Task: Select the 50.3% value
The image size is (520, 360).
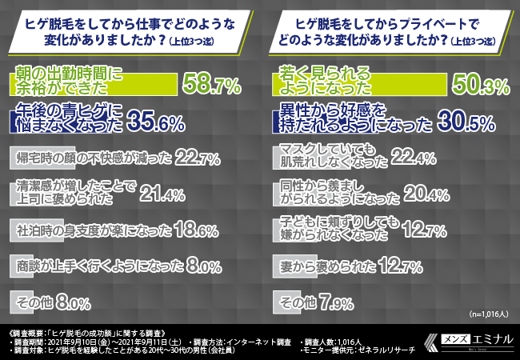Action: click(477, 82)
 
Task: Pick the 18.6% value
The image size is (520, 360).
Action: click(196, 230)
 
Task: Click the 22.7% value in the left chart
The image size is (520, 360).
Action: click(198, 158)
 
